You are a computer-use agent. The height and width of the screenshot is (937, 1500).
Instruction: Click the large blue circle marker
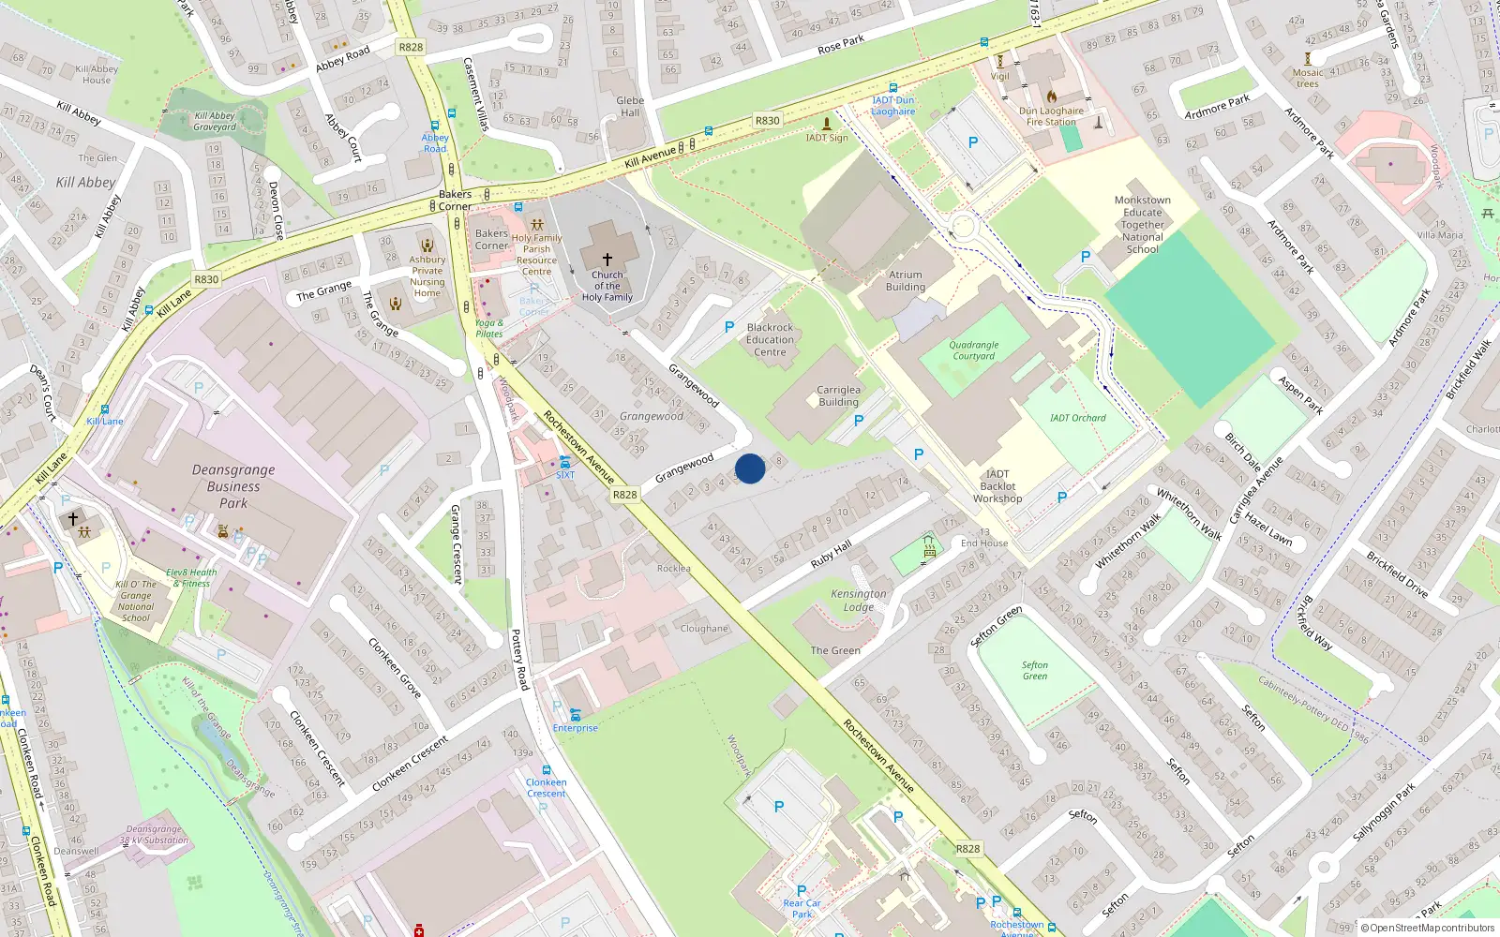pyautogui.click(x=750, y=468)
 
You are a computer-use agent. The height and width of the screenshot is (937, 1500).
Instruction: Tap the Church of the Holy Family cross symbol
pyautogui.click(x=607, y=259)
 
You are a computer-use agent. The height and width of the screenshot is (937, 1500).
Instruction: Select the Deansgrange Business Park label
pyautogui.click(x=233, y=486)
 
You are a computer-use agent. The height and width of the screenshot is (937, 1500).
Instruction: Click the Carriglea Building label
pyautogui.click(x=838, y=395)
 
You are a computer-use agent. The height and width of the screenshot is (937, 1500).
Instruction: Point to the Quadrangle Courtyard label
pyautogui.click(x=974, y=350)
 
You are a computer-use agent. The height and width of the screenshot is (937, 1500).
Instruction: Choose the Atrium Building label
pyautogui.click(x=906, y=281)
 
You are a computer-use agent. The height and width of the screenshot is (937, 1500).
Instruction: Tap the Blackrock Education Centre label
pyautogui.click(x=770, y=340)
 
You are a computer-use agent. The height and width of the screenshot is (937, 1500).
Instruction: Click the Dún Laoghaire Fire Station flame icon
pyautogui.click(x=1052, y=96)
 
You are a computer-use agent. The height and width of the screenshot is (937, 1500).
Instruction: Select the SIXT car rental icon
pyautogui.click(x=565, y=462)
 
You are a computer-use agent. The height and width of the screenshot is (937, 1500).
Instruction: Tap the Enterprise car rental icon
pyautogui.click(x=575, y=715)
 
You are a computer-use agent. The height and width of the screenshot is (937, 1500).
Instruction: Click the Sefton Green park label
pyautogui.click(x=1035, y=670)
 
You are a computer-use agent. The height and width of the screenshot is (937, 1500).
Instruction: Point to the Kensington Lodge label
pyautogui.click(x=858, y=600)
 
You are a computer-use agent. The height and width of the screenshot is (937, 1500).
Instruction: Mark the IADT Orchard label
pyautogui.click(x=1078, y=418)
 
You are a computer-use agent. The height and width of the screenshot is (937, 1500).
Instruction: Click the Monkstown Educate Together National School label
pyautogui.click(x=1143, y=225)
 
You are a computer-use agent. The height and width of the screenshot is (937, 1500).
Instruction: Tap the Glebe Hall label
pyautogui.click(x=630, y=107)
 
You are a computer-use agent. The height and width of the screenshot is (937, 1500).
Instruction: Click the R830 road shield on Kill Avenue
pyautogui.click(x=767, y=121)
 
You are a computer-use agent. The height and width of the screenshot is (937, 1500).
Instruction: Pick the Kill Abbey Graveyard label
pyautogui.click(x=215, y=122)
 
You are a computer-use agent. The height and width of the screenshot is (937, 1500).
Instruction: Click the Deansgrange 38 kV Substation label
pyautogui.click(x=155, y=835)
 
